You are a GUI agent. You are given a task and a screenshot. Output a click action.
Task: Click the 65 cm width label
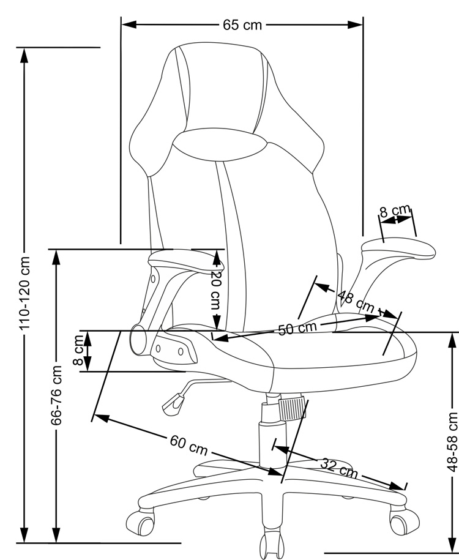click(x=242, y=25)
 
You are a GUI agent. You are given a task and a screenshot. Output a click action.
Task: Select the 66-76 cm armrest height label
click(x=57, y=395)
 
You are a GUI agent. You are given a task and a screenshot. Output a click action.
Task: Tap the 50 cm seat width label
click(x=297, y=328)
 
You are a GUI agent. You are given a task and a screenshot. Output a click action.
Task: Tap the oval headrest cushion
click(x=218, y=145)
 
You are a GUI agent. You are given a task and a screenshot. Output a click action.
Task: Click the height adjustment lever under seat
click(x=174, y=400)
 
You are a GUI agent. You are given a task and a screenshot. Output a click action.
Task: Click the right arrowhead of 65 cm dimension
click(x=356, y=25)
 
